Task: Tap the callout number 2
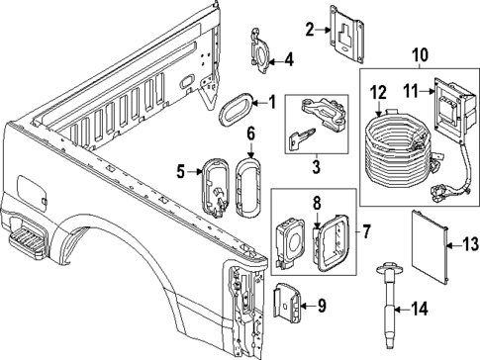point(309,30)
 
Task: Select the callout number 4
point(289,58)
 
